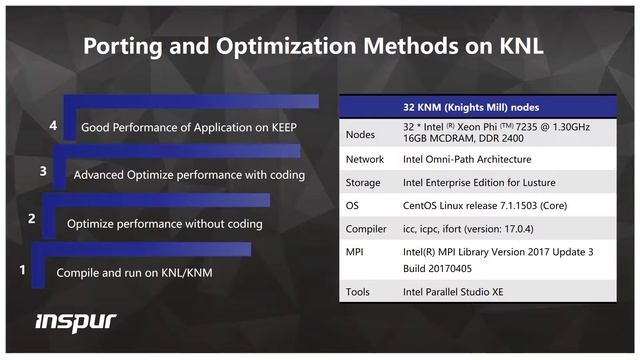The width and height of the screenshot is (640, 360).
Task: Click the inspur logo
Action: point(76,321)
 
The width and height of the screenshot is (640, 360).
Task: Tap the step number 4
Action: point(53,126)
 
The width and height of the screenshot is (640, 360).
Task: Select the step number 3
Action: point(43,171)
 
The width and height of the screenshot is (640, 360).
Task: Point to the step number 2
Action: point(32,218)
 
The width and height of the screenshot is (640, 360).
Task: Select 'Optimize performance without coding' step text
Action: point(164,224)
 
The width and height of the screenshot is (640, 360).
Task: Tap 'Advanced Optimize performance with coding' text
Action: point(189,175)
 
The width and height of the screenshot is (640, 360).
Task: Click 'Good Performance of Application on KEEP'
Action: point(189,129)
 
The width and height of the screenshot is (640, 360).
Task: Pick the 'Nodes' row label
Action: point(361,135)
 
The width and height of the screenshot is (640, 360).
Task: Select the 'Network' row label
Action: point(365,159)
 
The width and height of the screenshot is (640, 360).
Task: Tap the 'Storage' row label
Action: point(364,182)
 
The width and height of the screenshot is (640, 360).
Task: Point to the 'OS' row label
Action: point(353,206)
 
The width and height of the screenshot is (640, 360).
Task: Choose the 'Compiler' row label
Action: point(367,229)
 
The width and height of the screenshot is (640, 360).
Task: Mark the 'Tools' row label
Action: point(359,292)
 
